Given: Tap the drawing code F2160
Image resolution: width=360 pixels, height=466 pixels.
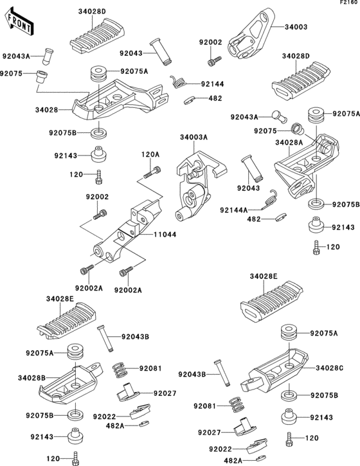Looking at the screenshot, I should tap(350, 4).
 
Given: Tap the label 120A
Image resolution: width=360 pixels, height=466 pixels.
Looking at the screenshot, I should tap(150, 154).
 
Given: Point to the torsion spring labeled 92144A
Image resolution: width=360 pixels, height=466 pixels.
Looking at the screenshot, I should tap(271, 201).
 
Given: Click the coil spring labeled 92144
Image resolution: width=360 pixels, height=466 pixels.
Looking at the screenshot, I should tap(179, 80).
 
